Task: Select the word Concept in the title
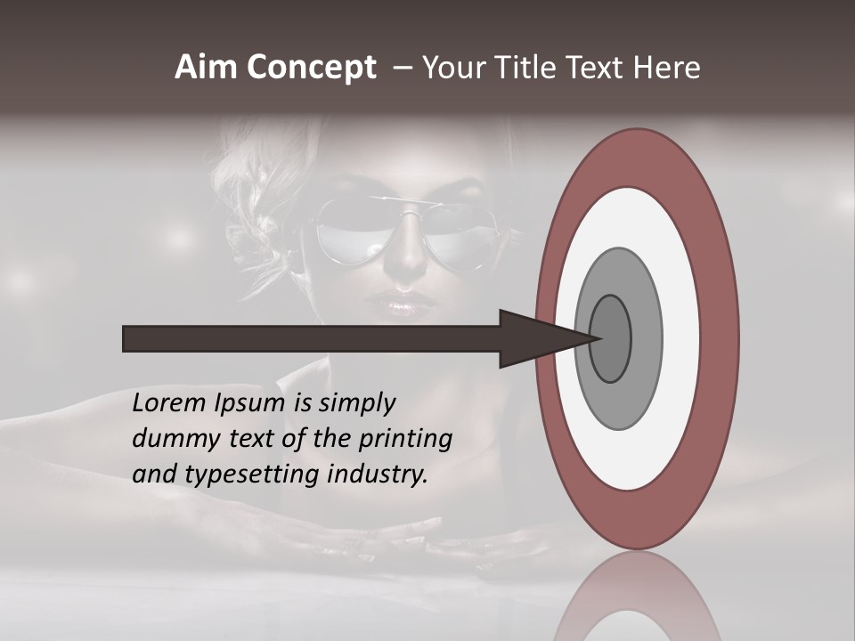click(312, 69)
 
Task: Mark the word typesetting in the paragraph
click(245, 475)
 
